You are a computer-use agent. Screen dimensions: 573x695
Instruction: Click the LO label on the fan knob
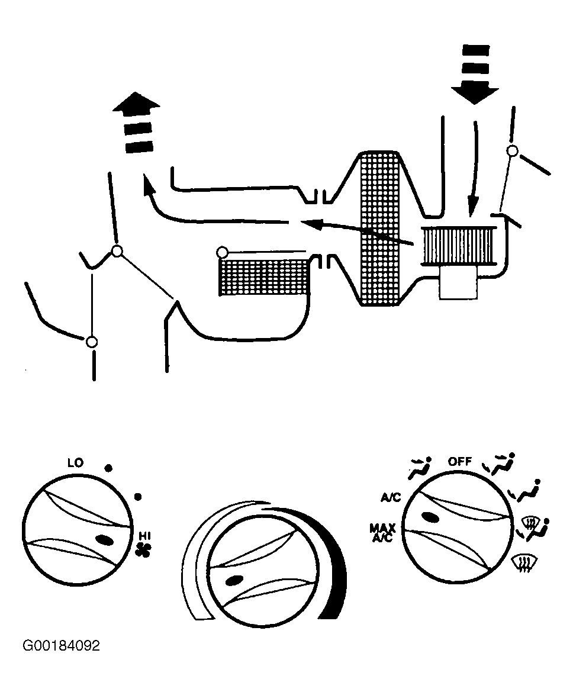click(x=75, y=463)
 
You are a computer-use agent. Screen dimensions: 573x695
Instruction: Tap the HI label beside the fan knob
click(x=145, y=536)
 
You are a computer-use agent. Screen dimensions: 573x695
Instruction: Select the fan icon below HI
click(x=144, y=549)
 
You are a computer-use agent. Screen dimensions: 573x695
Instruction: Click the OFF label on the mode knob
click(x=459, y=461)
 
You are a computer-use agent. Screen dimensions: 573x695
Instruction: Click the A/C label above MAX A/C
click(x=391, y=498)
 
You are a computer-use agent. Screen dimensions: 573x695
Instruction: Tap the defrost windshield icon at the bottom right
click(x=522, y=564)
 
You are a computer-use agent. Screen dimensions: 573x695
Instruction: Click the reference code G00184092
click(x=61, y=645)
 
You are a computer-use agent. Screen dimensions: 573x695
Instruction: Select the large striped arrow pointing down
click(x=475, y=74)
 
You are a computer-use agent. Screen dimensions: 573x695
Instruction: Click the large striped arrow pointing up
click(x=137, y=123)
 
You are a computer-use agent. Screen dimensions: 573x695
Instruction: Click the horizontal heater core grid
click(x=264, y=277)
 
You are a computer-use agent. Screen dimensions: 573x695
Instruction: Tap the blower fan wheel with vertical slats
click(x=458, y=246)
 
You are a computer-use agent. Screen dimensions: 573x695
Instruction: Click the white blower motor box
click(x=458, y=283)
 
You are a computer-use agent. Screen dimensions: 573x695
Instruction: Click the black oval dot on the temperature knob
click(x=234, y=581)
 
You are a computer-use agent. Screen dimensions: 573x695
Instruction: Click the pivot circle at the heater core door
click(x=222, y=253)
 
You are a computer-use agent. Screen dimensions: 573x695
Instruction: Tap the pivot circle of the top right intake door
click(x=513, y=151)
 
